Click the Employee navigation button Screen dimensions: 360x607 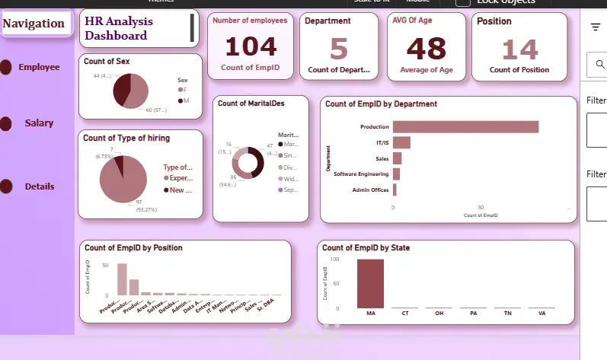coord(39,67)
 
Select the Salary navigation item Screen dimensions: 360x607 coord(39,123)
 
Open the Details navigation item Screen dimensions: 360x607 coord(39,186)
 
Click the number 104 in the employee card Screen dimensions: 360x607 coord(251,47)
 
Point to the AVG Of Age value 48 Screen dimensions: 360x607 coord(426,48)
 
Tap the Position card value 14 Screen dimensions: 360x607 coord(519,49)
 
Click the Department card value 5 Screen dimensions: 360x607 coord(338,49)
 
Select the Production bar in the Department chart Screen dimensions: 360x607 coord(465,126)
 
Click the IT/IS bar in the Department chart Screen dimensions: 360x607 coord(401,142)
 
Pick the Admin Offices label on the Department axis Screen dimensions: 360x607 coord(370,190)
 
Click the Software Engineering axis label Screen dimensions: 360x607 coord(361,174)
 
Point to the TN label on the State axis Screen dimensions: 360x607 coord(507,312)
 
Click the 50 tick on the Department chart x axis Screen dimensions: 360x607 coord(481,207)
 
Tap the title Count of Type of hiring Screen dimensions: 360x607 coord(126,138)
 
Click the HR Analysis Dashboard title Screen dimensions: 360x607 coord(118,29)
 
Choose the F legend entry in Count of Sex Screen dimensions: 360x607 coord(184,90)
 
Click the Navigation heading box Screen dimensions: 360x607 coord(34,24)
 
